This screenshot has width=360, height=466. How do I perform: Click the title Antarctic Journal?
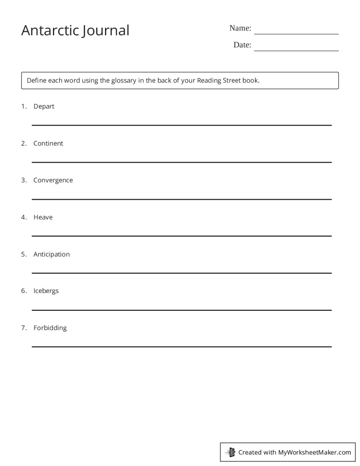(75, 30)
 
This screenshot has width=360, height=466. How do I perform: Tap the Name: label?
(240, 28)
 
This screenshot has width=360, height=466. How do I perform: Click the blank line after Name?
(296, 34)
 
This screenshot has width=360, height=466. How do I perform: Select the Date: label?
(242, 45)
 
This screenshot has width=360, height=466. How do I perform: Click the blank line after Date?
(296, 50)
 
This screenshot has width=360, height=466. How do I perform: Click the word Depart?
(44, 106)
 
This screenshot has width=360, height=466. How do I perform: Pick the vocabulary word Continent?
(48, 143)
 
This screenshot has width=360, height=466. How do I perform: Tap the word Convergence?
(53, 180)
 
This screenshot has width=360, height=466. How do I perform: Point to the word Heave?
(43, 217)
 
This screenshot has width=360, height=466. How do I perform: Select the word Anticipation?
(51, 254)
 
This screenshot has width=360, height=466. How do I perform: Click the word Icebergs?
(46, 291)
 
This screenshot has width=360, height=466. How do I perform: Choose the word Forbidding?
(50, 328)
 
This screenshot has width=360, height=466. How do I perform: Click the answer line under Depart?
(181, 125)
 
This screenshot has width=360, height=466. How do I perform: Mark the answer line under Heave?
(181, 236)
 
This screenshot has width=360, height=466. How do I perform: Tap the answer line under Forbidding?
(181, 347)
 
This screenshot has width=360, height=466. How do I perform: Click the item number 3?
(24, 180)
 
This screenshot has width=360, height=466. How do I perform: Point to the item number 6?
(24, 291)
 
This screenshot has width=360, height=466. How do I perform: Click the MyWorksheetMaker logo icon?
(231, 452)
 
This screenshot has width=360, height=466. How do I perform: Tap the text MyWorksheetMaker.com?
(314, 452)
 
